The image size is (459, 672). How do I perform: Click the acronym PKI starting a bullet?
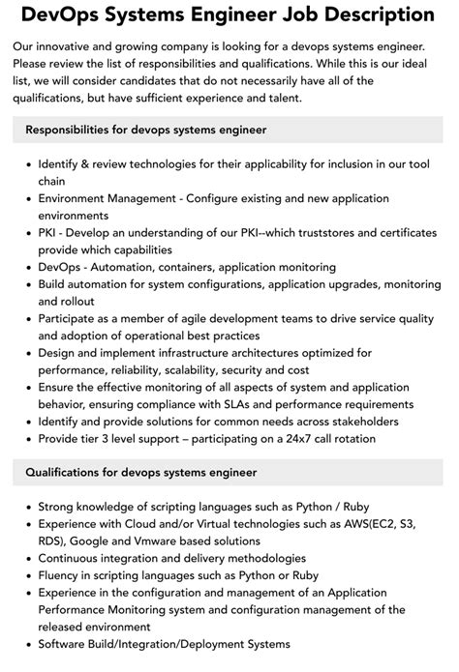click(49, 232)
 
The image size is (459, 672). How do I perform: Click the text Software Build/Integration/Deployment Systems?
click(164, 645)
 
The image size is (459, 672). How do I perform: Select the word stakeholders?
click(364, 421)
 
